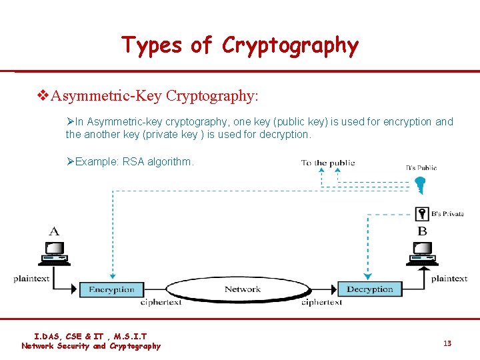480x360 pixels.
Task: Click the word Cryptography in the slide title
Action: [290, 45]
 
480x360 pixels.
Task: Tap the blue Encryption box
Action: [111, 289]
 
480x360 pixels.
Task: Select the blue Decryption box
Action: [370, 289]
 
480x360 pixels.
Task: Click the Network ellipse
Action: [242, 289]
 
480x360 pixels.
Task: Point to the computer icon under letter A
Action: [54, 252]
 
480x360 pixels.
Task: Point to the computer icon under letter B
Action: [422, 252]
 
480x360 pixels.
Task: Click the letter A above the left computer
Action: [54, 231]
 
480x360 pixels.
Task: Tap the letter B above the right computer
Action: [422, 231]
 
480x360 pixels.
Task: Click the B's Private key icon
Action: [421, 214]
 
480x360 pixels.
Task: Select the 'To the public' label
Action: [328, 163]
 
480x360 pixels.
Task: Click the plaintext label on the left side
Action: [31, 279]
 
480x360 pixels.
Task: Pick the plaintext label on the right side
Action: [449, 279]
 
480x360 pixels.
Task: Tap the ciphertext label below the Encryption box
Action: [161, 303]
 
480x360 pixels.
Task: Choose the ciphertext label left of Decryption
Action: [321, 303]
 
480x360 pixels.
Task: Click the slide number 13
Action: [447, 343]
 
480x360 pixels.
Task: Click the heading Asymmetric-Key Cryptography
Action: [155, 96]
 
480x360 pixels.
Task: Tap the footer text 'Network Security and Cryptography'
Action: [91, 346]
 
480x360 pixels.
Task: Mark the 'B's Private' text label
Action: [447, 214]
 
